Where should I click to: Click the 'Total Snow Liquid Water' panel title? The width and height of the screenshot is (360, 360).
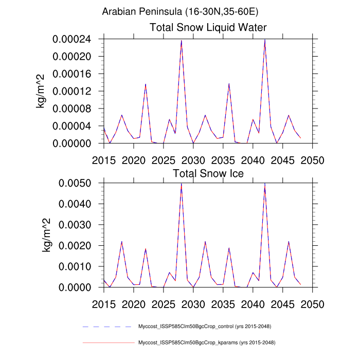[x=208, y=27]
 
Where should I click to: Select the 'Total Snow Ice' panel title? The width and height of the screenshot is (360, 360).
[x=208, y=173]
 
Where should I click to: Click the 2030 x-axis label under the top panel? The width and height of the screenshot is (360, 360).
[x=193, y=160]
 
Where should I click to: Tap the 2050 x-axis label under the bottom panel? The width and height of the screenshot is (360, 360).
[x=313, y=304]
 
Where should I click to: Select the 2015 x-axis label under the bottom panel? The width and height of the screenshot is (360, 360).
[x=104, y=304]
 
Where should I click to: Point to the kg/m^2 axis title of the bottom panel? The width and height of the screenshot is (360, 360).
[x=47, y=235]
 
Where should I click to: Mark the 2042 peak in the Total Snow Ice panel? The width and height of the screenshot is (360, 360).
[x=265, y=184]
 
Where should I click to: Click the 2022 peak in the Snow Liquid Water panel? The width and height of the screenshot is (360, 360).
[x=146, y=84]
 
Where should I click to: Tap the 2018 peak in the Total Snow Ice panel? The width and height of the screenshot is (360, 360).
[x=122, y=242]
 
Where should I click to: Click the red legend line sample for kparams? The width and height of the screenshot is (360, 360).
[x=107, y=342]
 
